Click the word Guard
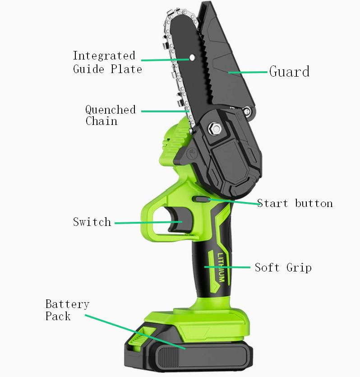click(289, 71)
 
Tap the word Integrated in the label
click(104, 56)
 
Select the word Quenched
click(111, 110)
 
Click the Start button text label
click(295, 203)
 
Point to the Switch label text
click(92, 222)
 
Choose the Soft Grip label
click(283, 267)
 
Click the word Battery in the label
click(67, 304)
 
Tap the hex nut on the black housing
click(216, 129)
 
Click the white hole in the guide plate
click(192, 57)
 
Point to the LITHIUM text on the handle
click(221, 267)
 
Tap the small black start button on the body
click(200, 199)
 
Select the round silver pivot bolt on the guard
click(247, 111)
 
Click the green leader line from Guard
click(248, 72)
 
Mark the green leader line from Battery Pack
click(135, 332)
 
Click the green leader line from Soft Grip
click(227, 267)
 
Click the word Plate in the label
click(126, 69)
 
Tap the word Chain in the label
click(102, 121)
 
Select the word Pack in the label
click(58, 316)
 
